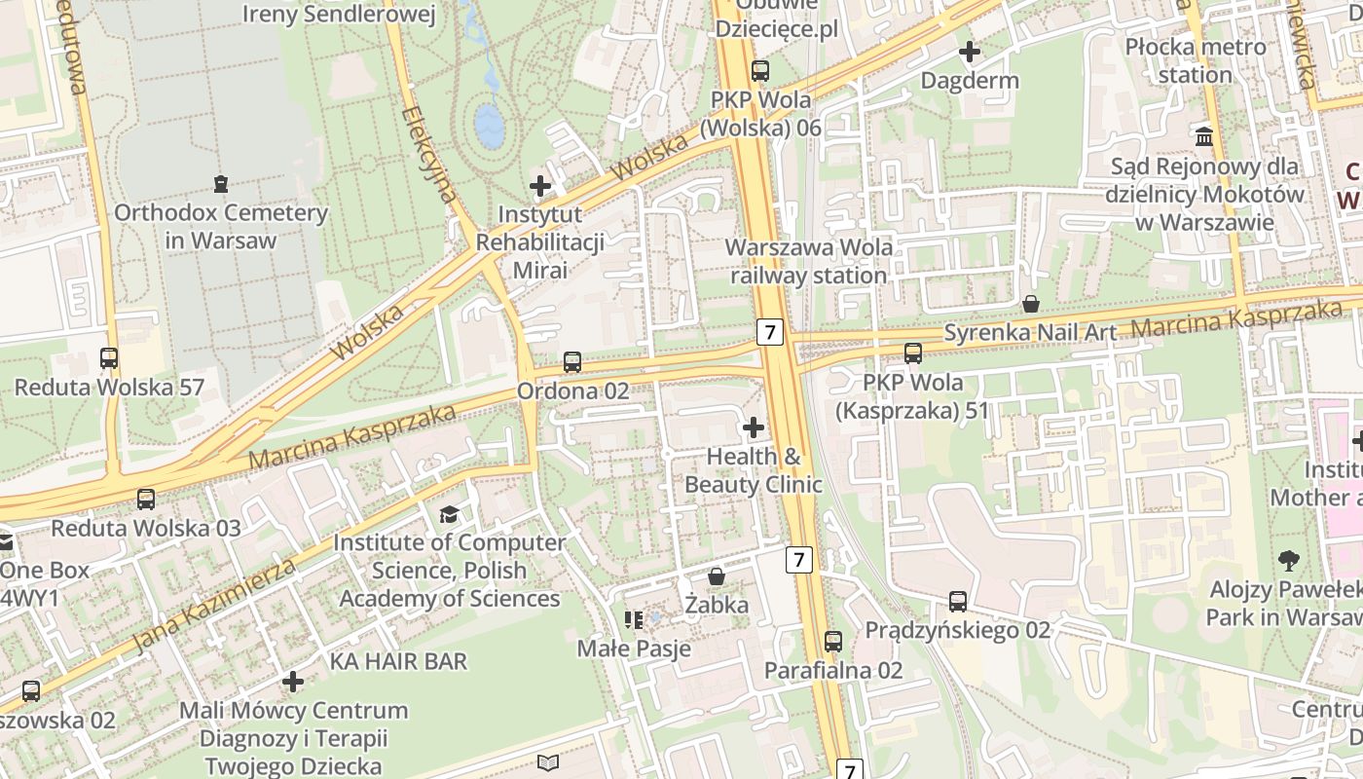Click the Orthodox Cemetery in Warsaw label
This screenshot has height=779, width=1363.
coord(221,226)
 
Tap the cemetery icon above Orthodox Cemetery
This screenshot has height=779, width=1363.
coord(221,183)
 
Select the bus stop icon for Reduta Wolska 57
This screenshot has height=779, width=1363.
coord(109,358)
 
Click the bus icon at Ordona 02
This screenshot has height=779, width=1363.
coord(572,362)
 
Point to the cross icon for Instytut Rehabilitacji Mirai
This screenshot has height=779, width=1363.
coord(540,185)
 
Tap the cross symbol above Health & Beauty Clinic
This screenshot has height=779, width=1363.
coord(753,427)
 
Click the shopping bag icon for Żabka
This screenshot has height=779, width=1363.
coord(717,576)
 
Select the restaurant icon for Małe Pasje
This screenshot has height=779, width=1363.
coord(634,619)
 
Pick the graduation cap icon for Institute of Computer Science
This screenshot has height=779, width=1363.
coord(449,514)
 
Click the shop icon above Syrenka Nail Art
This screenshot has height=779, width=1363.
coord(1031,304)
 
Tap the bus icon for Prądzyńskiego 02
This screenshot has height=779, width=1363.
coord(958,602)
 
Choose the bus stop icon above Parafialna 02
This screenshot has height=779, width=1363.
coord(833,642)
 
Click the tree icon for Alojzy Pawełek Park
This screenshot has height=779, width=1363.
coord(1289,561)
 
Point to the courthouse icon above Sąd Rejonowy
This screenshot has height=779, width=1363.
coord(1204,137)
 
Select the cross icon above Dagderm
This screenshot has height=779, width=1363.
coord(970,51)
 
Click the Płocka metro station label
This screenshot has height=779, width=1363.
coord(1196,60)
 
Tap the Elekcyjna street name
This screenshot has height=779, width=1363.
coord(428,154)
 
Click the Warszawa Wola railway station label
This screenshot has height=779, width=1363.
coord(809,261)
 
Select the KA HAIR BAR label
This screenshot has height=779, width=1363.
coord(398,661)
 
